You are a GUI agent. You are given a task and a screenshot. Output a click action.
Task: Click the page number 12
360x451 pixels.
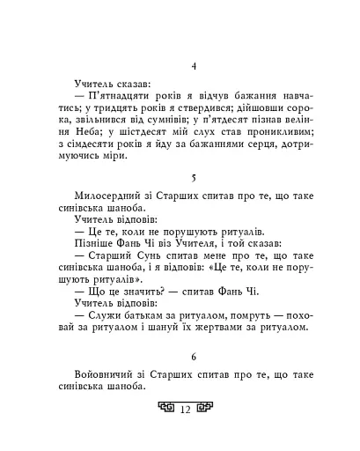coord(186,409)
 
